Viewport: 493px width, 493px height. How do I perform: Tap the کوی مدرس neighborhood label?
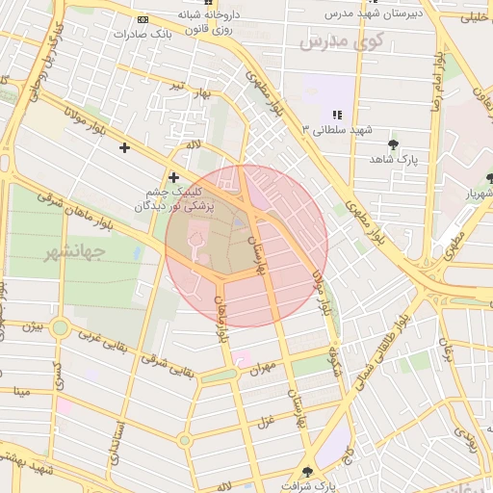click(341, 40)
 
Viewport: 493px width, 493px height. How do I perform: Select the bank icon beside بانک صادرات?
click(143, 19)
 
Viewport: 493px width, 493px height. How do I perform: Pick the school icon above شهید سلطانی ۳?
click(337, 115)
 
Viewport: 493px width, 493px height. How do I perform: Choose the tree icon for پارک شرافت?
click(308, 472)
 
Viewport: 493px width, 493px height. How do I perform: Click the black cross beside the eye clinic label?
click(174, 177)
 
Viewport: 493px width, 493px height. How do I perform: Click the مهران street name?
click(262, 369)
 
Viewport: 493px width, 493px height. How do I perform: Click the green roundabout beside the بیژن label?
click(60, 327)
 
